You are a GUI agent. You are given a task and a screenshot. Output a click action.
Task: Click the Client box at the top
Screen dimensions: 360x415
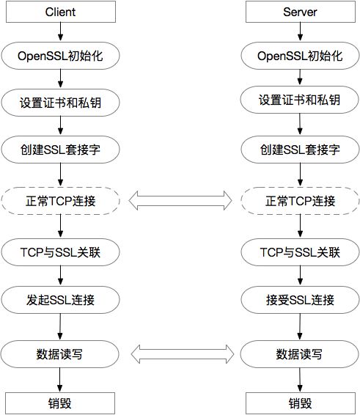coord(61,12)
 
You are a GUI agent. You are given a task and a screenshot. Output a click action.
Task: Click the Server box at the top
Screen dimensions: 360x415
coord(301,12)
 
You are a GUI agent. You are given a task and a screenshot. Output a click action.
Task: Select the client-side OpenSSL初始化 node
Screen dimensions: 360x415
coord(60,56)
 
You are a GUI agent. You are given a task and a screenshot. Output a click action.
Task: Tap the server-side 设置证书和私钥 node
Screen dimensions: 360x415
coord(299,100)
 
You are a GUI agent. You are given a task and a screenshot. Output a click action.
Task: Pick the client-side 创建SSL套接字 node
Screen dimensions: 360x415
coord(60,150)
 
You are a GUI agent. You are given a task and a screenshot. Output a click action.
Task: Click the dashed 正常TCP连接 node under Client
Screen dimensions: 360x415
coord(60,201)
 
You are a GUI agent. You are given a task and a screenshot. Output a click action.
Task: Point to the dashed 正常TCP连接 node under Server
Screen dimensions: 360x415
coord(300,201)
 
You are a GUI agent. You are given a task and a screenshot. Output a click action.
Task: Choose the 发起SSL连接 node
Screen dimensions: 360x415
coord(60,300)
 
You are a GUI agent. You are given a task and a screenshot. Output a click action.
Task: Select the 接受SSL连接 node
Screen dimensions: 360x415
coord(300,300)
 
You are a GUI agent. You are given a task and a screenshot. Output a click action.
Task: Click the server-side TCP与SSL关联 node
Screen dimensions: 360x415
coord(300,252)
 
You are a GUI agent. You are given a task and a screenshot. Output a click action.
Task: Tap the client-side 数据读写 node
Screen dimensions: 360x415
coord(59,354)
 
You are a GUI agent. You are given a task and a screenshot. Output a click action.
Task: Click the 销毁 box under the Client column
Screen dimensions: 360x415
coord(60,403)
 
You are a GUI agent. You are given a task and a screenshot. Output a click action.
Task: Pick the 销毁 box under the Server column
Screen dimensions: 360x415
coord(301,403)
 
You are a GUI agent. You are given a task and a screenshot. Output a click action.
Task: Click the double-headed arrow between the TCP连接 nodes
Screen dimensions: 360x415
coord(180,201)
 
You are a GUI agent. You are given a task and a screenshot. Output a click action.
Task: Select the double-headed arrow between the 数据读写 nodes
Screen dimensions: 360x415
coord(183,354)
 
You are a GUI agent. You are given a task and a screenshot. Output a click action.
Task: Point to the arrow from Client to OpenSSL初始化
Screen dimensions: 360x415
coord(61,32)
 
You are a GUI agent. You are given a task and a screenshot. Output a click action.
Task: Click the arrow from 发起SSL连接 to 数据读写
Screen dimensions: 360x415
coord(60,326)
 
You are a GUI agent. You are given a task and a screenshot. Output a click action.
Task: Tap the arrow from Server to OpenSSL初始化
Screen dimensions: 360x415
coord(300,32)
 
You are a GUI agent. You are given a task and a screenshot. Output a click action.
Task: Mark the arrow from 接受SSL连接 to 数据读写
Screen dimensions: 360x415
coord(300,326)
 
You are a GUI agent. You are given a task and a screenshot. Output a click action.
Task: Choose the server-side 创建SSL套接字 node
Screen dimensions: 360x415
coord(300,150)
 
